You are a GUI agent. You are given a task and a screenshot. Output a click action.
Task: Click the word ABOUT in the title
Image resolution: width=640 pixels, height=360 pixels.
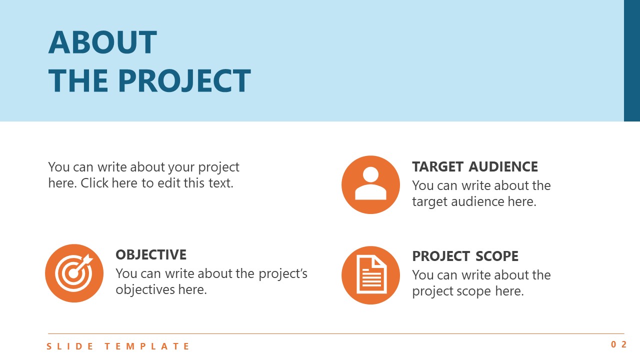coord(102,42)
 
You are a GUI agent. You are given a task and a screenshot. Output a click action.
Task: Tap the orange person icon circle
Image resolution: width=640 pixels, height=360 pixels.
coord(370,184)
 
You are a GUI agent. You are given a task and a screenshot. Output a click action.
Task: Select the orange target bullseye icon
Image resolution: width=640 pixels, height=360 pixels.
coord(74,273)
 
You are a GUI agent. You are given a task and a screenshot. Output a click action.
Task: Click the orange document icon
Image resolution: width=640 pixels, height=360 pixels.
coord(370,274)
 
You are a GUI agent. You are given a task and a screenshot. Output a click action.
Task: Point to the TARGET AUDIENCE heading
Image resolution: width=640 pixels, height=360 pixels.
coord(475,166)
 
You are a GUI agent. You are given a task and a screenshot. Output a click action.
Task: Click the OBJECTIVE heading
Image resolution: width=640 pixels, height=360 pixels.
coord(151,254)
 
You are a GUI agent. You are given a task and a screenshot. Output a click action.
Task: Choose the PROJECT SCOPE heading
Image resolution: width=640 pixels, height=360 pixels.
coord(465,256)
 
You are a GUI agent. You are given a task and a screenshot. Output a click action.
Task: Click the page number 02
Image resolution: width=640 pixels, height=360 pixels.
coord(618,344)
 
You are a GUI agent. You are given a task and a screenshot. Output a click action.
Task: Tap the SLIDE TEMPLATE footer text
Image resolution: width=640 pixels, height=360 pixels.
coord(118,346)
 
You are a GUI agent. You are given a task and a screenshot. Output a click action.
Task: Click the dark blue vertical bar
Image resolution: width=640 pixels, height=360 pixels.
coord(632,60)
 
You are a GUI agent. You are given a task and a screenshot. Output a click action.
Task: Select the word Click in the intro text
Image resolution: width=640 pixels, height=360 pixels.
coord(95,183)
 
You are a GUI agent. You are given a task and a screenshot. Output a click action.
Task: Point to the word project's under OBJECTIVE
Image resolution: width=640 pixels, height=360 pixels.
coord(283,273)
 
